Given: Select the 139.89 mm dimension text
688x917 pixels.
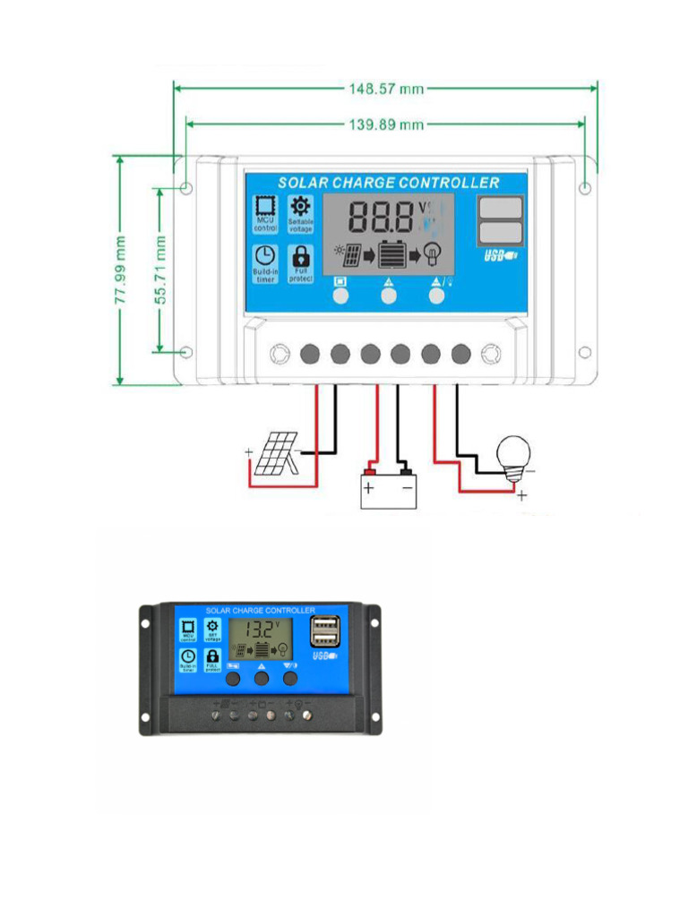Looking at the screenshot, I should [x=385, y=124].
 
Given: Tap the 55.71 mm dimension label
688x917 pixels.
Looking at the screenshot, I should [x=162, y=270].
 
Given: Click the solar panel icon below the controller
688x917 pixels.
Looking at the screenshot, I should [x=276, y=455].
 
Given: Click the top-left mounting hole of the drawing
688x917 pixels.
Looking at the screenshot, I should [x=186, y=188].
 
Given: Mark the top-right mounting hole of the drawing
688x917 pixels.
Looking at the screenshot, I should [x=585, y=188].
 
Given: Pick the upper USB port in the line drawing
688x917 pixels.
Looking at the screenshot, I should [x=500, y=208].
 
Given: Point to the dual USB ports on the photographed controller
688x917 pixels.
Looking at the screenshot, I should [x=322, y=632].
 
